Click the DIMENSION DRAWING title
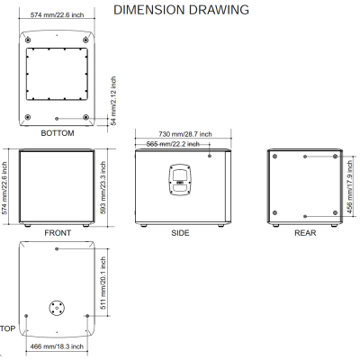point(181,10)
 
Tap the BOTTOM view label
point(58,133)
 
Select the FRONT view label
point(58,233)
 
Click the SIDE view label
point(180,233)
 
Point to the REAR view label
point(305,233)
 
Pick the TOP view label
point(7,328)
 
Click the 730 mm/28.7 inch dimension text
point(185,134)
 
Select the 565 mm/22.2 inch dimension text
point(173,144)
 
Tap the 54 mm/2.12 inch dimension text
point(113,101)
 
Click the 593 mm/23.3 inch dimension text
point(103,187)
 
